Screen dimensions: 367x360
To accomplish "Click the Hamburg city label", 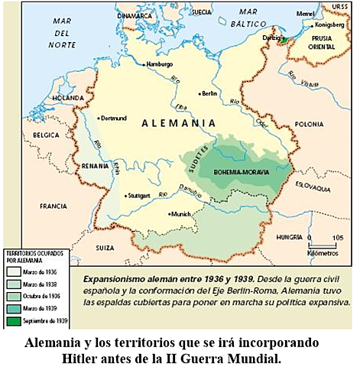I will [x=161, y=64].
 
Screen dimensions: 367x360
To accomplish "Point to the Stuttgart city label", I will [x=140, y=195].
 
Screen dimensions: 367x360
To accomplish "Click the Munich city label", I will [x=180, y=214].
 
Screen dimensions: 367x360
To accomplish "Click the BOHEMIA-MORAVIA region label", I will [x=242, y=173].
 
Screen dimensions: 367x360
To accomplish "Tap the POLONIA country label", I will [x=309, y=122].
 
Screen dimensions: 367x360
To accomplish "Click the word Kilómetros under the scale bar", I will [x=322, y=252].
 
